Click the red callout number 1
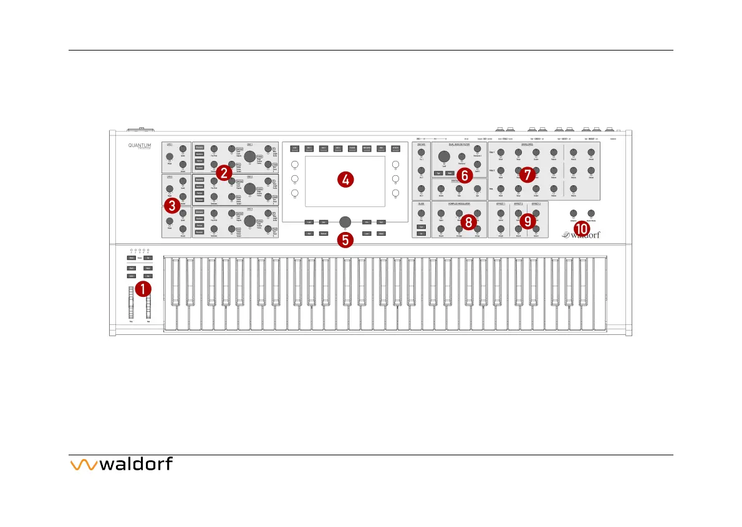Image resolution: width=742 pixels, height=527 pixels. (143, 289)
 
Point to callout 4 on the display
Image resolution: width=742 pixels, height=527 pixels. (345, 180)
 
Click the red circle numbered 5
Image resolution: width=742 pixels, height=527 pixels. (345, 239)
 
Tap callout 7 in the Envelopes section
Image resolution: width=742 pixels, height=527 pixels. (528, 175)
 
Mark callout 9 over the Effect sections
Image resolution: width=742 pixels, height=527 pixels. (528, 220)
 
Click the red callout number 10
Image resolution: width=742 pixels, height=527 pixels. (581, 229)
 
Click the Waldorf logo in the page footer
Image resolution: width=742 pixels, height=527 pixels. (121, 465)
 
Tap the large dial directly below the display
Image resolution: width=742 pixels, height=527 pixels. (345, 221)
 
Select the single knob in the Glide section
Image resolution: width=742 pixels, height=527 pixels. (421, 215)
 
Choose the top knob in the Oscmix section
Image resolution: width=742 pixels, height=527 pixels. (421, 152)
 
